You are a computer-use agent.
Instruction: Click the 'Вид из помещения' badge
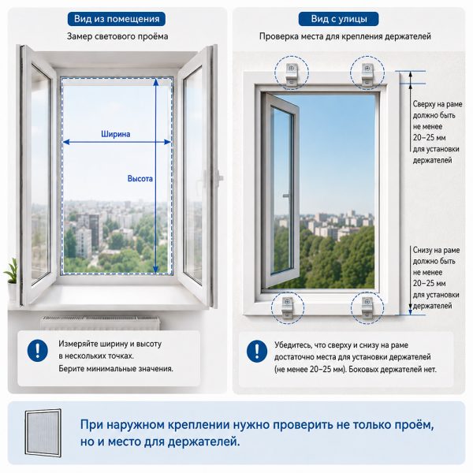117,19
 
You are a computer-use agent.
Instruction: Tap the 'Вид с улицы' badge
338,19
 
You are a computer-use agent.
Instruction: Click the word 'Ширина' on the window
116,134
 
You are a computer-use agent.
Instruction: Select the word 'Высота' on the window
140,179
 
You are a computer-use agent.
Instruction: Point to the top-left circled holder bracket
292,74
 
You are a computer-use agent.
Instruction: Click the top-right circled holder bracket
367,74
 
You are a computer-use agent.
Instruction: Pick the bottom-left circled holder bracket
287,307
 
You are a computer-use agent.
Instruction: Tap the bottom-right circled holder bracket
367,307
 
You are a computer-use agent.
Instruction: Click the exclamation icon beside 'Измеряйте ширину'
38,350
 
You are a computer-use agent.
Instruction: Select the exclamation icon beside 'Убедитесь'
257,351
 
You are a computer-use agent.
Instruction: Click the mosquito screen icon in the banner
43,433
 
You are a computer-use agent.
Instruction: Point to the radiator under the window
100,322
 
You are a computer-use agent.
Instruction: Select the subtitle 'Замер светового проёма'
117,36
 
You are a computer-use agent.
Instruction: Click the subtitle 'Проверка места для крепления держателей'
345,36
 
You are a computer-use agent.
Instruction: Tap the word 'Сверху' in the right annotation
424,104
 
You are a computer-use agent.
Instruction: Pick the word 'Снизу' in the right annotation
423,250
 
